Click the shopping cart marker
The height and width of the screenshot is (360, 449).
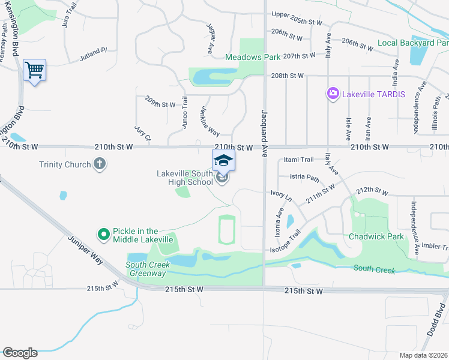coord(34,71)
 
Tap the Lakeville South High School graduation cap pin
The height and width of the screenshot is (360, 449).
coord(223,161)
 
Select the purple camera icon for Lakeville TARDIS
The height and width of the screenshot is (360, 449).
coord(333,94)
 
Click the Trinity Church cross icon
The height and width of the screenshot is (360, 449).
coord(100,164)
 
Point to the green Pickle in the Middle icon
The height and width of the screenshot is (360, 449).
coord(103,235)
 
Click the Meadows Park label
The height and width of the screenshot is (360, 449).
coord(253,57)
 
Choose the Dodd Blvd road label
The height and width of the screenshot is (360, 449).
coord(441,325)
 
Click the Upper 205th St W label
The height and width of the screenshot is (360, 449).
coord(297,14)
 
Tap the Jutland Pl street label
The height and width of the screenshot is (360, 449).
coord(92,55)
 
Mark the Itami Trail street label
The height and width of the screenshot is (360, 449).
coord(299,160)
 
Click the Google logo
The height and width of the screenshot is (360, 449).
coord(20,353)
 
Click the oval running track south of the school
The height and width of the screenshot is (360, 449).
coord(226,230)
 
